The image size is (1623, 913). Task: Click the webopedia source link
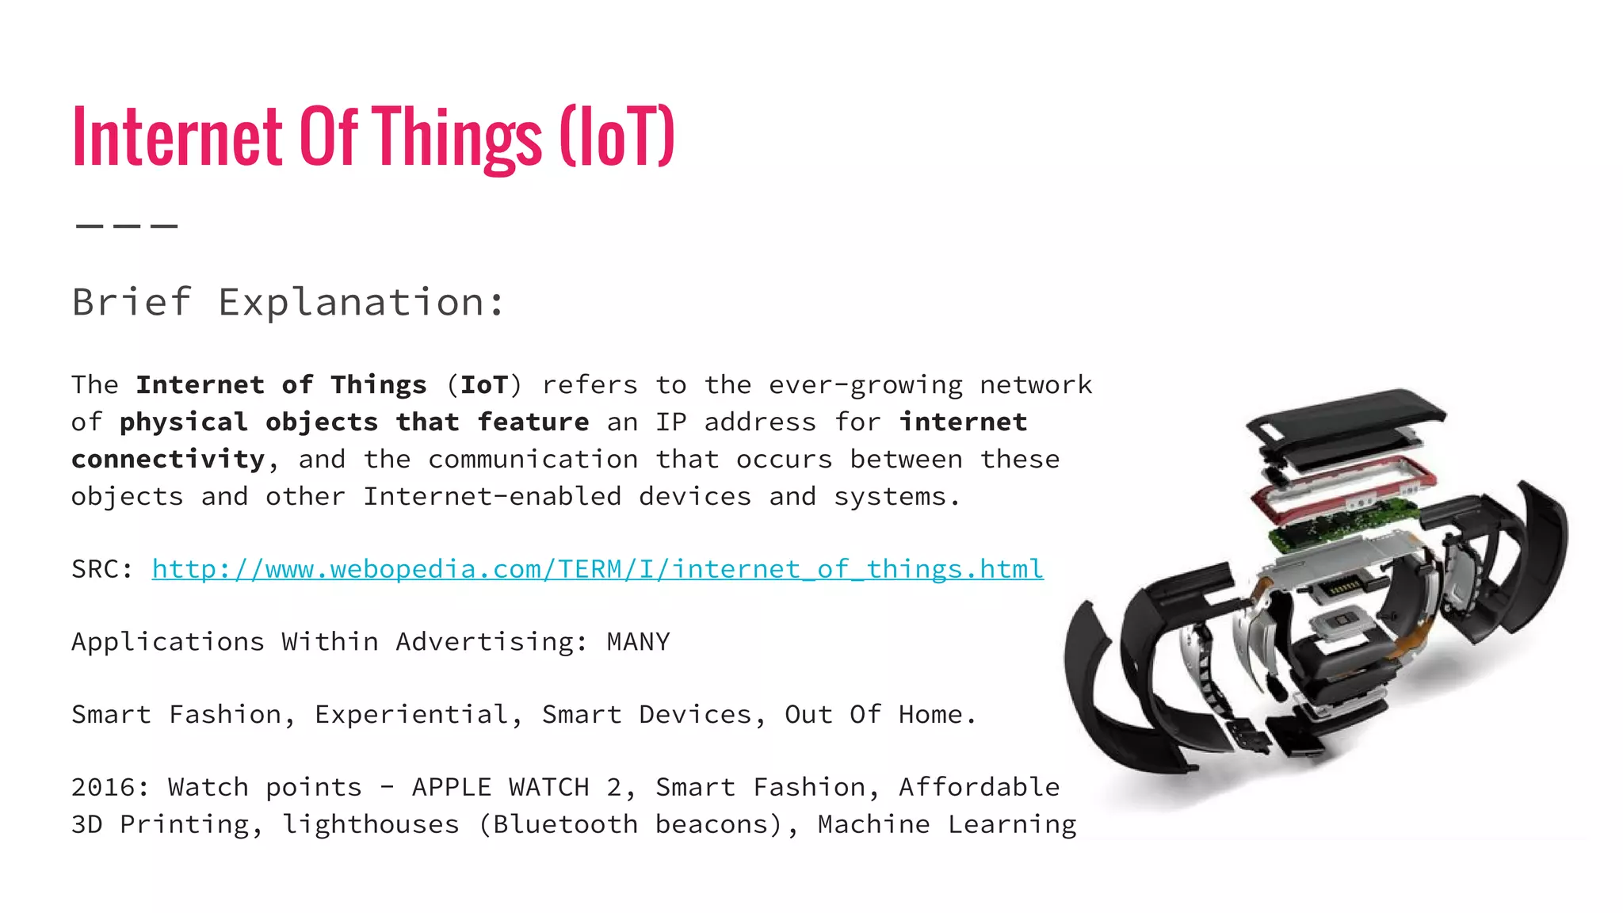pyautogui.click(x=598, y=569)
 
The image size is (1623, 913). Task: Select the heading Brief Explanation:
pyautogui.click(x=288, y=303)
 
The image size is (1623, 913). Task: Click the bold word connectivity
pyautogui.click(x=168, y=460)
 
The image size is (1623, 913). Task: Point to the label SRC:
pyautogui.click(x=101, y=569)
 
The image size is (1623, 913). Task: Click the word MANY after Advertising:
pyautogui.click(x=638, y=642)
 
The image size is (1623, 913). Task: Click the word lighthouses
pyautogui.click(x=371, y=825)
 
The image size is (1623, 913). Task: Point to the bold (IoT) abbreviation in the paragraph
pyautogui.click(x=484, y=385)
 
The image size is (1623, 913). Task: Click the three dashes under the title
pyautogui.click(x=127, y=226)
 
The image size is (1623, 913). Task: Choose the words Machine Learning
pyautogui.click(x=947, y=825)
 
